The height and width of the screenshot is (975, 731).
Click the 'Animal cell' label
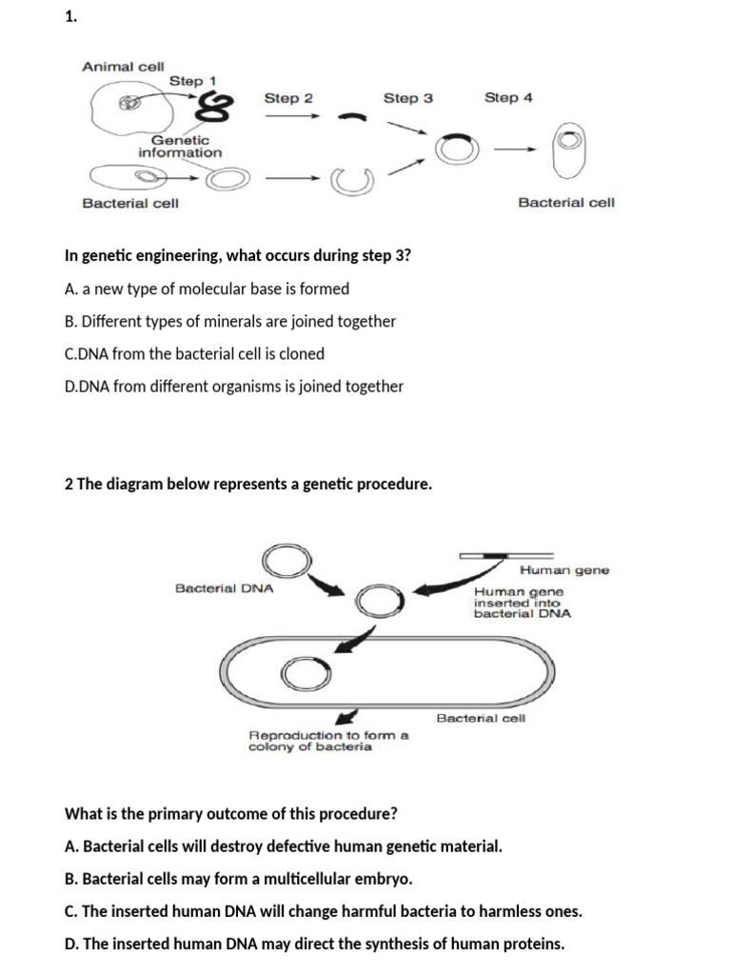click(x=123, y=66)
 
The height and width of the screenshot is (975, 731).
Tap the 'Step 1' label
click(x=192, y=81)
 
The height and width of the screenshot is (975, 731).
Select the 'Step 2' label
click(x=288, y=98)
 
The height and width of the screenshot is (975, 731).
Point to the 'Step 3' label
click(x=408, y=98)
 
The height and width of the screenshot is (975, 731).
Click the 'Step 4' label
click(x=508, y=97)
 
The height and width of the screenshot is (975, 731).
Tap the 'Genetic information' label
click(x=180, y=146)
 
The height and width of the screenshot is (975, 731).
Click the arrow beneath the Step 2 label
click(x=291, y=117)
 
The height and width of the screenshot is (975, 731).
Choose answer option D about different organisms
click(x=234, y=387)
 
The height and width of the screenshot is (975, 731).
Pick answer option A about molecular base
click(x=207, y=289)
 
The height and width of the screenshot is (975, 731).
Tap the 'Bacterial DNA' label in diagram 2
click(x=225, y=588)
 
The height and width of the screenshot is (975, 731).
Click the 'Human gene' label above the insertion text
click(x=564, y=570)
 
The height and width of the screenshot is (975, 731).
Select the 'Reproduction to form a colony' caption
click(x=328, y=741)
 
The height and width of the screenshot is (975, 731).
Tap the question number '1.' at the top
click(x=70, y=16)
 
